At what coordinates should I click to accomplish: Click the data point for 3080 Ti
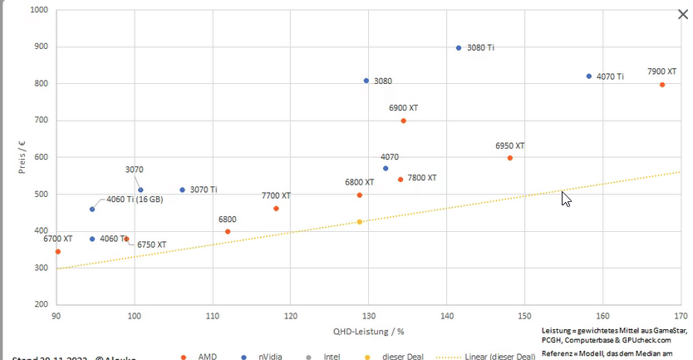coord(459,47)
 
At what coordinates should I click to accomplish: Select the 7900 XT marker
coord(662,85)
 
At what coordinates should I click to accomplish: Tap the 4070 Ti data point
coord(589,76)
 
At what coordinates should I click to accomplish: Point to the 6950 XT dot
coord(510,158)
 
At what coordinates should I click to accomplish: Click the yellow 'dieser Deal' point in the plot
coord(360,222)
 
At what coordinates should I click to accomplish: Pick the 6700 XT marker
coord(57,251)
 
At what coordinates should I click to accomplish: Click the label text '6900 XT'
coord(403,108)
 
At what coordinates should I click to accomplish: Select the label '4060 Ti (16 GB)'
coord(135,200)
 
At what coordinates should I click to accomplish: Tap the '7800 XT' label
coord(421,178)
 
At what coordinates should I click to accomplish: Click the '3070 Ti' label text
coord(204,190)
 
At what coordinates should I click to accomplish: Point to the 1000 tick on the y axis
coord(37,11)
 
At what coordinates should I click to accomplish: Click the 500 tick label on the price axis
coord(40,195)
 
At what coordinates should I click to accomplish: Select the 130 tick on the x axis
coord(368,315)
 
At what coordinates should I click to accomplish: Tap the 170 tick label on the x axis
coord(681,315)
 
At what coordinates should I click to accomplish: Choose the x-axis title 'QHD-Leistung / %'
coord(369,331)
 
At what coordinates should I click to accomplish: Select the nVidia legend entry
coord(263,357)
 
